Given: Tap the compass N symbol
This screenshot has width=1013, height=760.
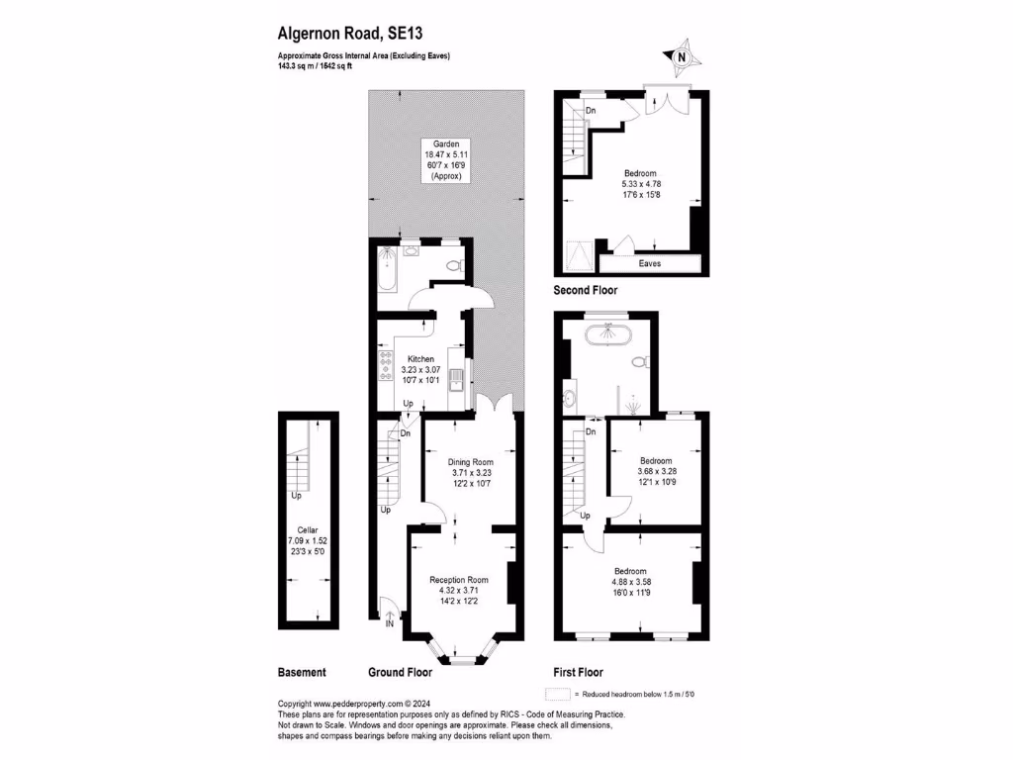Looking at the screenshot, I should (x=681, y=57).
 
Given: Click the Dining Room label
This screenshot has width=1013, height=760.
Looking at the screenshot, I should (x=470, y=462).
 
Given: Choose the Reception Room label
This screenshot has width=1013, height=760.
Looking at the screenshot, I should (x=459, y=580).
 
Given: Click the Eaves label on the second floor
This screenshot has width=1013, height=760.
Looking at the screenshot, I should (x=650, y=264).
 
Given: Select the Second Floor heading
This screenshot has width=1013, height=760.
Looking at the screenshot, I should (x=586, y=291).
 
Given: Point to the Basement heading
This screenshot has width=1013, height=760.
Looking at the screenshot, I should (x=302, y=672).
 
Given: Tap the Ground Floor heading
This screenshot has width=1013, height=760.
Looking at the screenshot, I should (x=401, y=672).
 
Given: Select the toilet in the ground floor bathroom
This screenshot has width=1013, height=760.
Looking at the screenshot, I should (x=454, y=265).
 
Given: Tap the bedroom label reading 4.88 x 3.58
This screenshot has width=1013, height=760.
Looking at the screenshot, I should (x=630, y=572).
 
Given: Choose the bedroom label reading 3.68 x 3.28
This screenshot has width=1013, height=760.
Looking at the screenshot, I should (x=656, y=461).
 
